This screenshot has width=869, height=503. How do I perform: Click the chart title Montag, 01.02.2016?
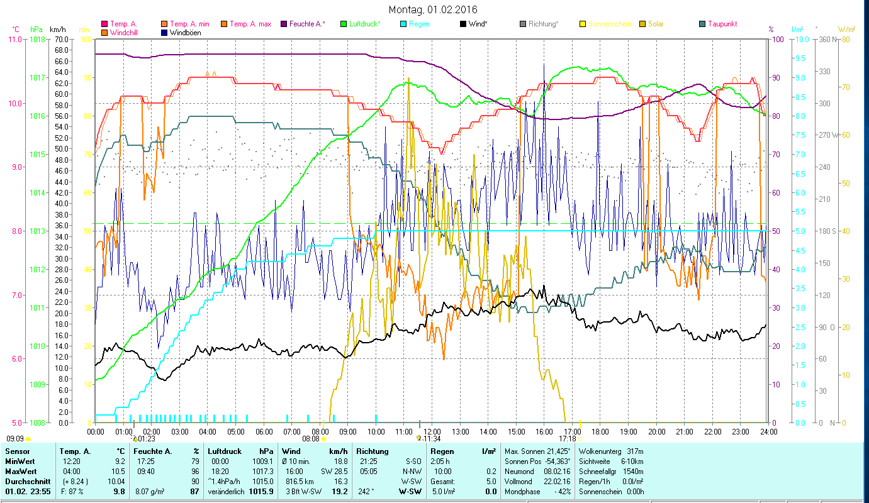pyautogui.click(x=433, y=9)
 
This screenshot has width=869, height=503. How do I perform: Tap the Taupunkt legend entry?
pyautogui.click(x=722, y=24)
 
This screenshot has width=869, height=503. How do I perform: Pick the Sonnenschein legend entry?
pyautogui.click(x=609, y=24)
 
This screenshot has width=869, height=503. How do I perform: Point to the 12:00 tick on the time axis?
pyautogui.click(x=432, y=432)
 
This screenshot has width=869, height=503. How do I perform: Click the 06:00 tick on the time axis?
pyautogui.click(x=264, y=432)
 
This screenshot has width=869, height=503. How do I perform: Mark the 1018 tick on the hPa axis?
pyautogui.click(x=37, y=39)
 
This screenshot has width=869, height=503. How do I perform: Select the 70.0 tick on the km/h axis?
pyautogui.click(x=61, y=39)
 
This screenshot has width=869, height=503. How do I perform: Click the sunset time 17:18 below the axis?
pyautogui.click(x=567, y=438)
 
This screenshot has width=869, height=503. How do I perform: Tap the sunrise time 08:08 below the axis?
pyautogui.click(x=311, y=438)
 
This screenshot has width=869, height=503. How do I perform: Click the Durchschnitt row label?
pyautogui.click(x=26, y=482)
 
